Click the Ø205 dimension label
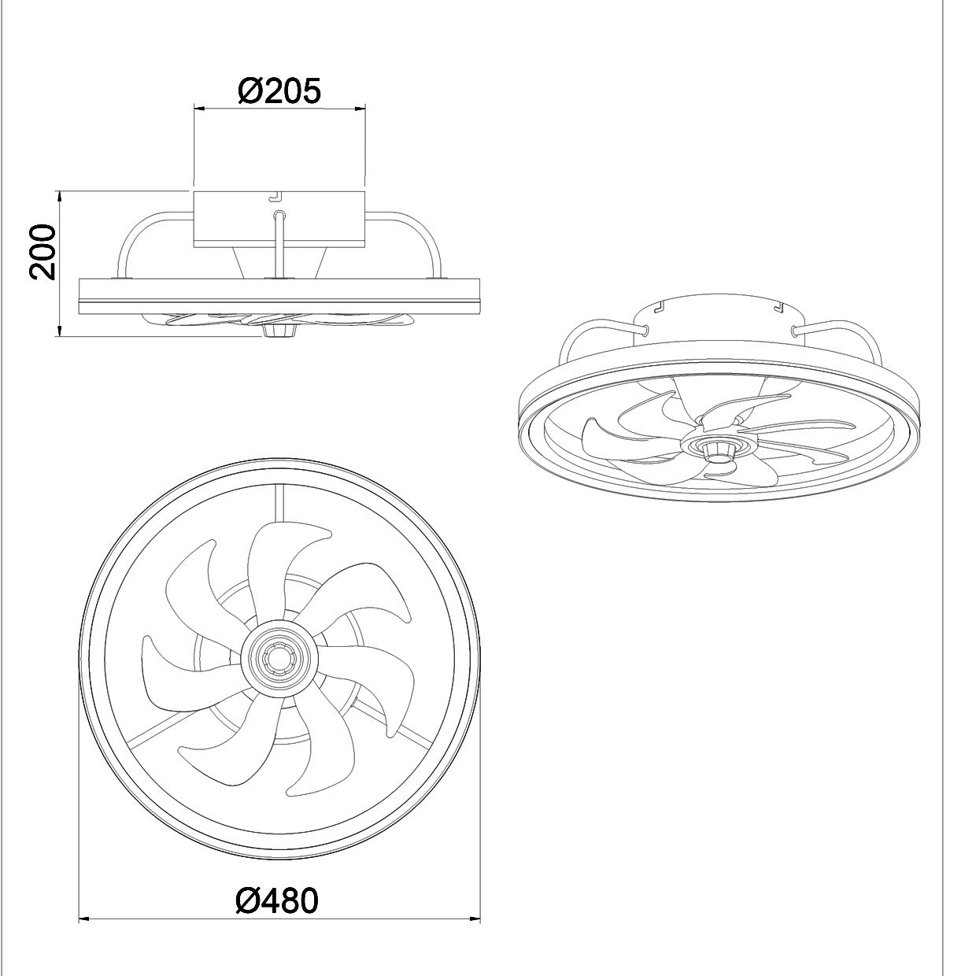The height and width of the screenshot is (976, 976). pos(279,92)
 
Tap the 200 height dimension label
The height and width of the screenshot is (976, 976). pos(42,251)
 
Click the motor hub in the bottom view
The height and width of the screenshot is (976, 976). pos(279,655)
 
